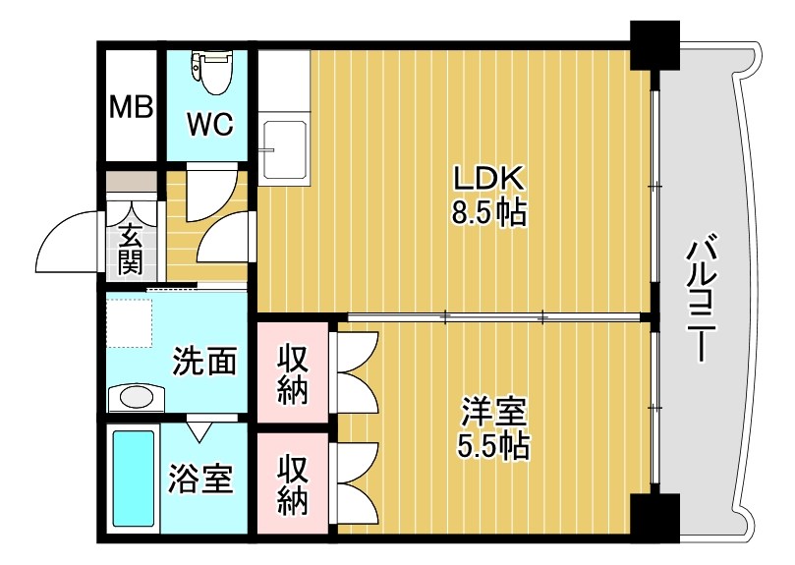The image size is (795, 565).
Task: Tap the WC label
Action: tap(209, 125)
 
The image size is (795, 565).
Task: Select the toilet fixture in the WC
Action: tap(209, 70)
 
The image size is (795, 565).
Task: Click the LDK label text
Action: tap(490, 178)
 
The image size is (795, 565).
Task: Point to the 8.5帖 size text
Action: tap(490, 212)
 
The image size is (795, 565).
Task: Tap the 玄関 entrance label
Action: tap(131, 249)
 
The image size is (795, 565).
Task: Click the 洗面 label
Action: tap(204, 362)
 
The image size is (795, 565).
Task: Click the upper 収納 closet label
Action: tap(292, 374)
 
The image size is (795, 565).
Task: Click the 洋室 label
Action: tap(492, 411)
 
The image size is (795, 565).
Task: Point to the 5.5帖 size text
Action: tap(492, 447)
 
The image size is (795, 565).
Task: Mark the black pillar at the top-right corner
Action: tap(653, 44)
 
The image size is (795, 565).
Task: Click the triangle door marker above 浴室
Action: tap(200, 428)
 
